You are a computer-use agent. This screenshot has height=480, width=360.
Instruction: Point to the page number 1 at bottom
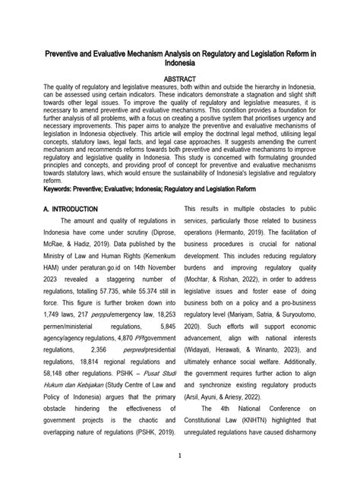coord(180,456)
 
